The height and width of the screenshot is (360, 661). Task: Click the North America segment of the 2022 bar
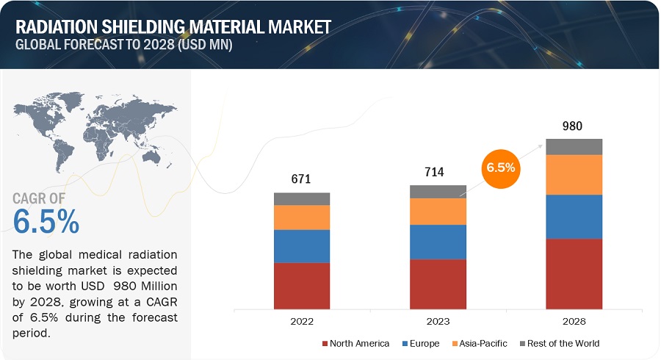pyautogui.click(x=302, y=286)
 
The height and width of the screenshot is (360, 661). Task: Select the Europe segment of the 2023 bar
pyautogui.click(x=438, y=242)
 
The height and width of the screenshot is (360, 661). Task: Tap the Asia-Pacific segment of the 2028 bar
pyautogui.click(x=574, y=175)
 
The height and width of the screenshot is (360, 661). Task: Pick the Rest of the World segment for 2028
pyautogui.click(x=574, y=146)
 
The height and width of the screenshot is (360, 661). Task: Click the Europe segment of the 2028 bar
pyautogui.click(x=574, y=217)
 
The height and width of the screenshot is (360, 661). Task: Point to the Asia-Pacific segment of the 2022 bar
pyautogui.click(x=302, y=217)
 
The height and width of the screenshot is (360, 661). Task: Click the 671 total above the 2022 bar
pyautogui.click(x=302, y=179)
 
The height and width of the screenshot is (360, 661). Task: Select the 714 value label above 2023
pyautogui.click(x=438, y=172)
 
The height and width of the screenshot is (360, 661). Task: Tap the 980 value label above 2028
pyautogui.click(x=574, y=126)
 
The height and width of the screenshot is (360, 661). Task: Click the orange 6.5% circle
pyautogui.click(x=501, y=168)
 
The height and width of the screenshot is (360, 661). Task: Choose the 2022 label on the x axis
pyautogui.click(x=302, y=321)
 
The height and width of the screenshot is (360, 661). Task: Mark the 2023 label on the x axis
pyautogui.click(x=438, y=321)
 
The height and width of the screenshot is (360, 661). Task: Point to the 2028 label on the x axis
pyautogui.click(x=574, y=321)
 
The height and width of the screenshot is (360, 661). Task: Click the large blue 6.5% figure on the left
pyautogui.click(x=46, y=221)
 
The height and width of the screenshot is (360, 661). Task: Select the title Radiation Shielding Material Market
pyautogui.click(x=173, y=26)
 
